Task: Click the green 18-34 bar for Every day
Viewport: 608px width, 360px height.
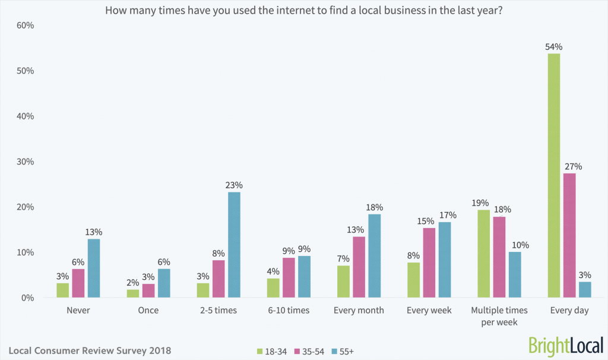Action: point(553,175)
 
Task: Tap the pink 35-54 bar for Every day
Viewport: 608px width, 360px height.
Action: point(569,235)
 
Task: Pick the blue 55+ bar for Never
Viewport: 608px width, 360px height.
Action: point(94,268)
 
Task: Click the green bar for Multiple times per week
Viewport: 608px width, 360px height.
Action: point(484,254)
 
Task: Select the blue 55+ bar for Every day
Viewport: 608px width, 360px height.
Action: point(584,290)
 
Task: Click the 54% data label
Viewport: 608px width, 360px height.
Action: point(553,47)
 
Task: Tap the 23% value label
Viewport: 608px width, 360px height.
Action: point(234,185)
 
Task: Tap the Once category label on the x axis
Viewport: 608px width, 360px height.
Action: point(148,311)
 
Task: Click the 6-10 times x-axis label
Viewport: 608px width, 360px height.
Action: point(290,311)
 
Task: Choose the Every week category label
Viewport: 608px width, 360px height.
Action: point(429,311)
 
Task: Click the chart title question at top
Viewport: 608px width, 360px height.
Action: point(304,10)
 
